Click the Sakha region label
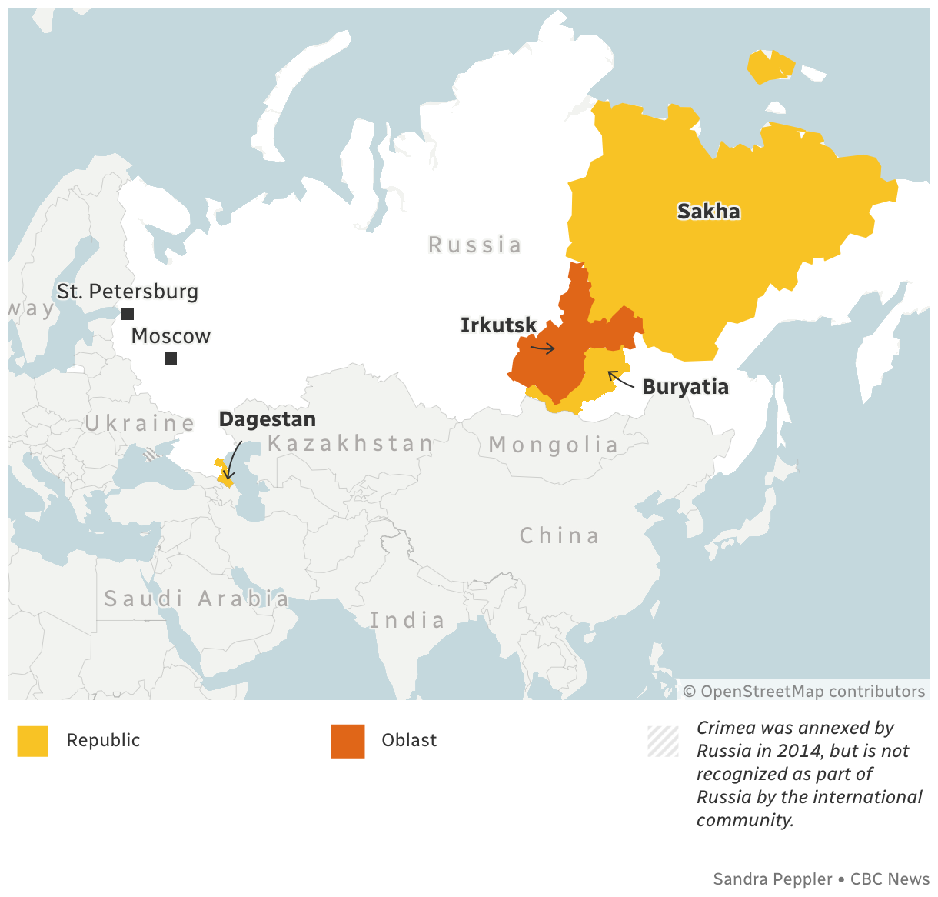pos(708,212)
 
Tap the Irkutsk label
pos(498,325)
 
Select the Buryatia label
pos(685,386)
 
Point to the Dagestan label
pos(267,419)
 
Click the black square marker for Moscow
pos(171,358)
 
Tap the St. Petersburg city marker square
pos(128,314)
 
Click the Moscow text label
pos(171,336)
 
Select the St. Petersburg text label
pos(128,292)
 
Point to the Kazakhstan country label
pos(351,443)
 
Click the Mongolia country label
pos(554,445)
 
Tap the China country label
pos(559,535)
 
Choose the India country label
pos(407,620)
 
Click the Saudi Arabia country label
pos(197,599)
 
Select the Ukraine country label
pos(140,423)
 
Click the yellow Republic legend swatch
pos(33,741)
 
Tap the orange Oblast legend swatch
pos(348,741)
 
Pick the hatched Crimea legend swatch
pos(663,742)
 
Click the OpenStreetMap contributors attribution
pos(804,691)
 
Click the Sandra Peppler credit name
pos(773,879)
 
